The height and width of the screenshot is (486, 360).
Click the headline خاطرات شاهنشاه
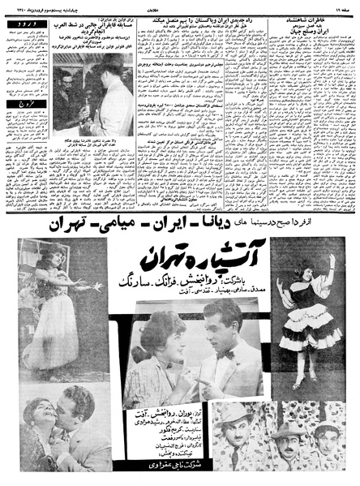coord(319,24)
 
